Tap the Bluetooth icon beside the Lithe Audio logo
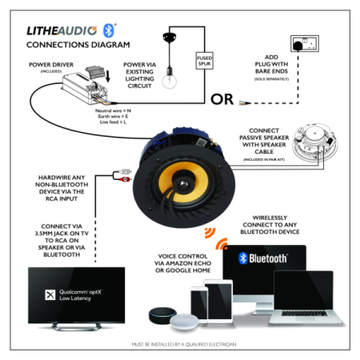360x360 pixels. click(x=110, y=30)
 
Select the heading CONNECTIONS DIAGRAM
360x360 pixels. click(x=78, y=45)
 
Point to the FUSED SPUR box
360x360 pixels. click(x=205, y=61)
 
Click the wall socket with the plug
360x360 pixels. click(x=307, y=43)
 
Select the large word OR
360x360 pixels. click(x=223, y=100)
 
